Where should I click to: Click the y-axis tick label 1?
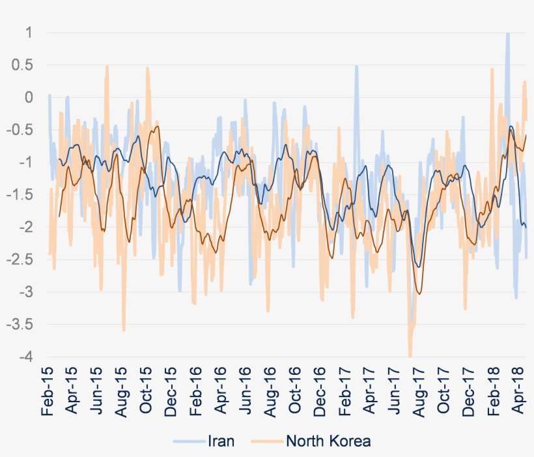click(29, 33)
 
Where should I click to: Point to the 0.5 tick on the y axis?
click(24, 65)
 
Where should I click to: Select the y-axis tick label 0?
click(29, 97)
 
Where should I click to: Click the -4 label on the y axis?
click(26, 357)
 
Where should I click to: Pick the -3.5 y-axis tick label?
click(21, 325)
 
